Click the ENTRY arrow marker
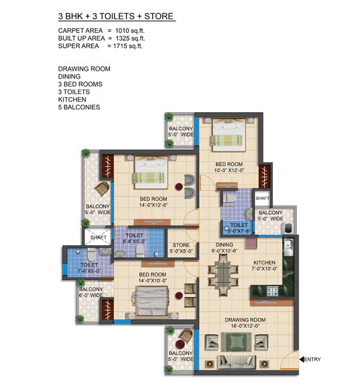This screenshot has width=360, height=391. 302,359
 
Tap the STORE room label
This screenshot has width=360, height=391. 181,245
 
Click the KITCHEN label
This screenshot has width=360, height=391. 265,263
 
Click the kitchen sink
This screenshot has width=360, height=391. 289,245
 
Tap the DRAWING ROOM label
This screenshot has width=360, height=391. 245,320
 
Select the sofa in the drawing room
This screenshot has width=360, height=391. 236,362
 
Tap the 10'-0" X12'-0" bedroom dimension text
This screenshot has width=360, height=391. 229,170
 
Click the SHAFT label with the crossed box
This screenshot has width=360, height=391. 98,237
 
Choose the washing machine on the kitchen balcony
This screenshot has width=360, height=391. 287,228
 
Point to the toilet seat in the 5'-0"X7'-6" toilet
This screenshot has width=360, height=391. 229,197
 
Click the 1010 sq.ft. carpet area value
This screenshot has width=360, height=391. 130,31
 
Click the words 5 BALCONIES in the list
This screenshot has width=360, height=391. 79,107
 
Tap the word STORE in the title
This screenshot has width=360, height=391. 159,16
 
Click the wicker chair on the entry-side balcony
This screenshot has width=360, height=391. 185,335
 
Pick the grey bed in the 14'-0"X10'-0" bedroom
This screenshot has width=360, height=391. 150,301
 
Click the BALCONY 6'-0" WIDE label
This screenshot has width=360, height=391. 91,292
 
